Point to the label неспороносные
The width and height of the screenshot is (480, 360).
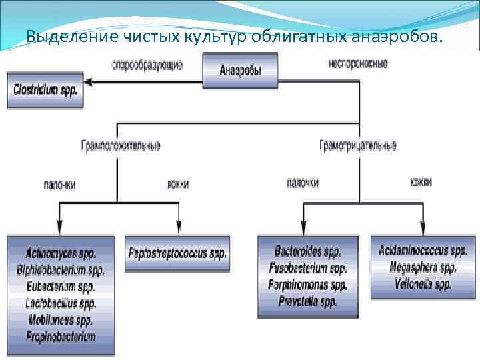[x=357, y=64]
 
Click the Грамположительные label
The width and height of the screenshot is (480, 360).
[x=121, y=145]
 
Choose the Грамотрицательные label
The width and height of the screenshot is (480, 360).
[x=358, y=145]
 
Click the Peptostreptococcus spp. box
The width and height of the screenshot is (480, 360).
[x=177, y=254]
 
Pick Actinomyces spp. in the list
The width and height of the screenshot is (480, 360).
[x=61, y=254]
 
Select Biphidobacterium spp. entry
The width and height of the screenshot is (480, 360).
[x=61, y=271]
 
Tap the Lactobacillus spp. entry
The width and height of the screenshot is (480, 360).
[x=61, y=304]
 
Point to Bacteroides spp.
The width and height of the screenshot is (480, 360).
[x=308, y=252]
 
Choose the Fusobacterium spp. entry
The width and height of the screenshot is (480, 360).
[x=308, y=269]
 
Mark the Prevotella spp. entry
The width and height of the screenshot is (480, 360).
[x=308, y=302]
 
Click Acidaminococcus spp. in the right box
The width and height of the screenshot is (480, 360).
[x=423, y=251]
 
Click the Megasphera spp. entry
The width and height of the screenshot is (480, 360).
[x=423, y=268]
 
